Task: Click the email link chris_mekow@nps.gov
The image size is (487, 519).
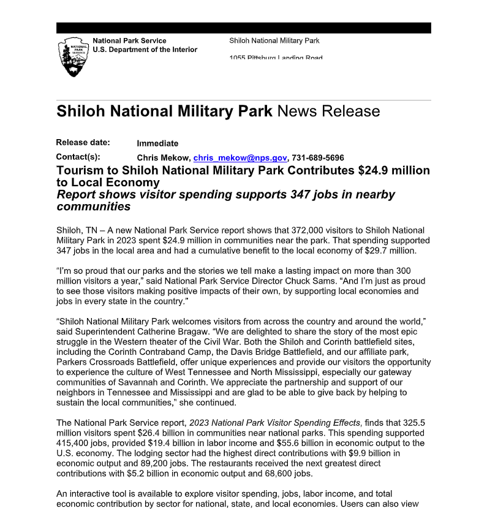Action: pyautogui.click(x=232, y=157)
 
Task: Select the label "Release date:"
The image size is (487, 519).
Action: pyautogui.click(x=83, y=143)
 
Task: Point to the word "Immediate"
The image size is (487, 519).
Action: pyautogui.click(x=157, y=143)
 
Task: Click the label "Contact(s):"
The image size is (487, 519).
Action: pyautogui.click(x=78, y=157)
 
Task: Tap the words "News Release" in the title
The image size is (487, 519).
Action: pyautogui.click(x=328, y=112)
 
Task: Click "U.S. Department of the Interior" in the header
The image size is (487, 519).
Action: pyautogui.click(x=145, y=50)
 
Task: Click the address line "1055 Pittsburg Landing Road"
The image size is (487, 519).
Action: pyautogui.click(x=276, y=58)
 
